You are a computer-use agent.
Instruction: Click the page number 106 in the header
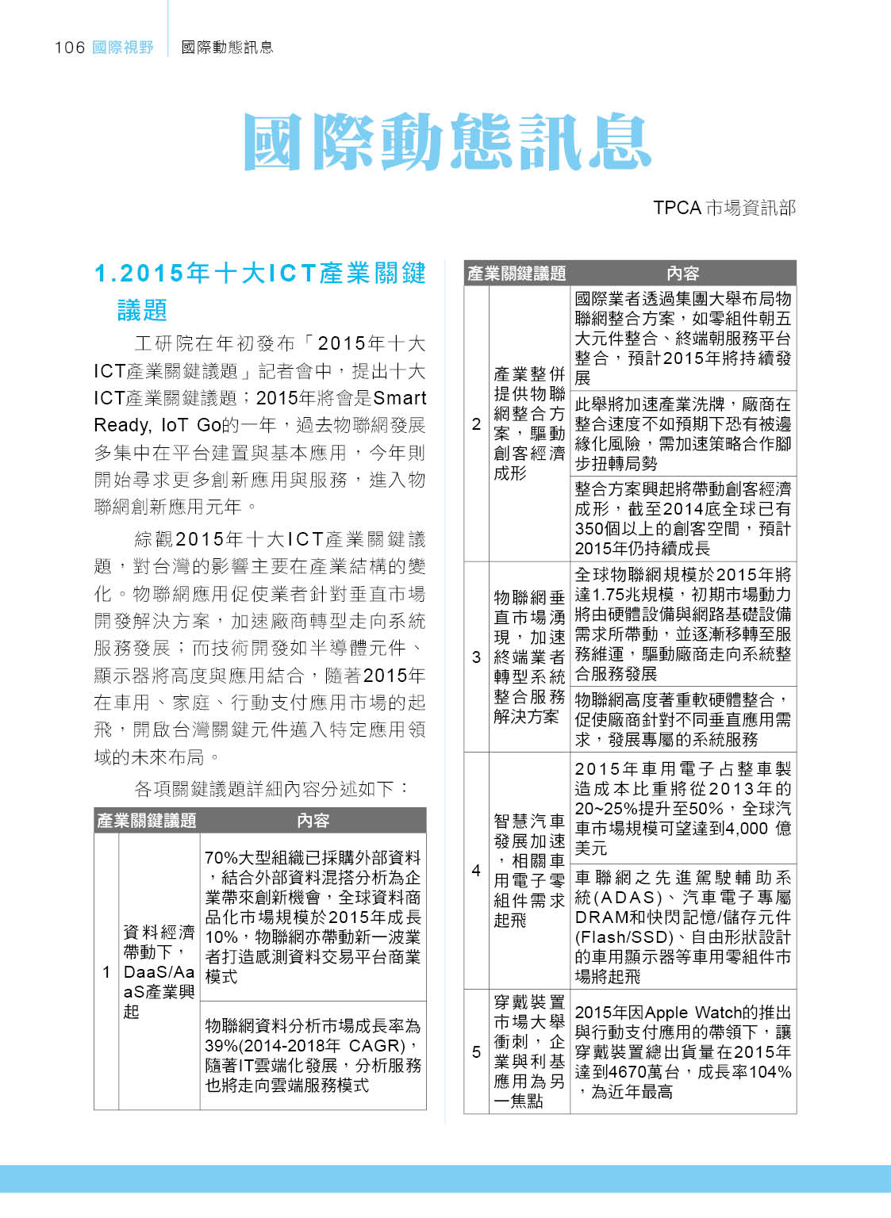69,48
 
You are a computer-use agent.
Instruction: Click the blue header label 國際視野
123,48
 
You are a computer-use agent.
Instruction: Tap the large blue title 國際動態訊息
447,142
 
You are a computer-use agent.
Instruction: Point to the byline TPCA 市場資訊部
724,208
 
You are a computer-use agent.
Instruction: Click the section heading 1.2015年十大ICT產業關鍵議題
259,290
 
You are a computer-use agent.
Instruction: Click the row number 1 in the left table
106,971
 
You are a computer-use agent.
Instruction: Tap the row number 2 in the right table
476,424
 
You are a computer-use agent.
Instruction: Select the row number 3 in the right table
476,657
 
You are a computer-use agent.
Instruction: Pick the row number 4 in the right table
476,871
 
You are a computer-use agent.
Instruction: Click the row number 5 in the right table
476,1051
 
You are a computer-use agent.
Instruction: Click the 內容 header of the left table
313,821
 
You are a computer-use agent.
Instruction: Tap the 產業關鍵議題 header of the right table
517,274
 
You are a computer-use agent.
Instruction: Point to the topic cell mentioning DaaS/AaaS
159,971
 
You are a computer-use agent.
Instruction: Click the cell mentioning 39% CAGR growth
313,1055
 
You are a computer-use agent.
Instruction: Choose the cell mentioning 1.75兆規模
682,624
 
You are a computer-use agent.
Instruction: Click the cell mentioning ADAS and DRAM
682,927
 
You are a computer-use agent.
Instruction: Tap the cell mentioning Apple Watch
682,1051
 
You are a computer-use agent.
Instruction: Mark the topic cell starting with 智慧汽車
529,870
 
